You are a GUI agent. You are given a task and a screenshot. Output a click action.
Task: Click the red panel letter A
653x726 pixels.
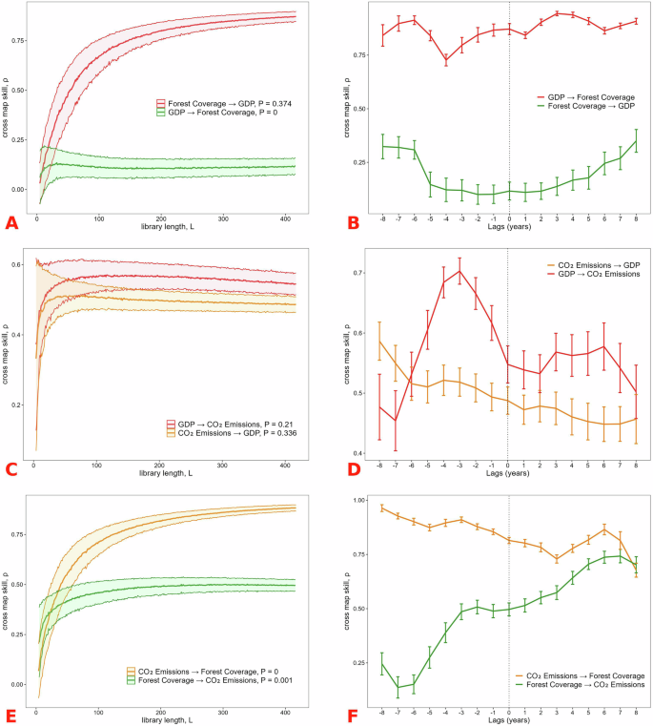(12, 223)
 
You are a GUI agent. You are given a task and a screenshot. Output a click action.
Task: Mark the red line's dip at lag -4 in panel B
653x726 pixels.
(445, 60)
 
